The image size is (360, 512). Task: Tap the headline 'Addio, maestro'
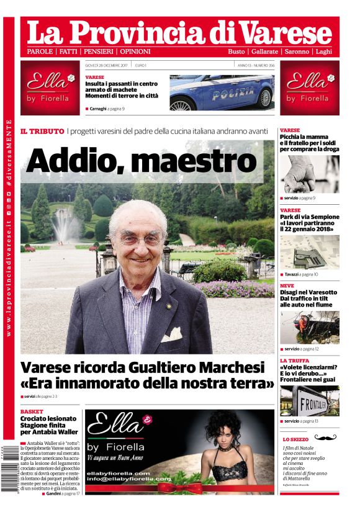142,161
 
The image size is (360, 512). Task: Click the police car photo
222,92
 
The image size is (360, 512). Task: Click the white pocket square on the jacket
171,335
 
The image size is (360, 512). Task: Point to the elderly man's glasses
141,238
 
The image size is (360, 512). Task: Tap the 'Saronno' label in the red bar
297,52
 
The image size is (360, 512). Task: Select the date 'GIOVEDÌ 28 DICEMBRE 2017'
110,65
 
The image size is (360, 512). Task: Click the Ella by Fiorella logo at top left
49,88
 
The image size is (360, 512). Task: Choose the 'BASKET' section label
32,411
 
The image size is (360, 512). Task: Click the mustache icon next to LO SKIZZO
325,438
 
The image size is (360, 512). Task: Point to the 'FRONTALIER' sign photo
309,401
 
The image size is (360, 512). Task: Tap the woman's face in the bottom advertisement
226,428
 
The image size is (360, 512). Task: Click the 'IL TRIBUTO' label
42,132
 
